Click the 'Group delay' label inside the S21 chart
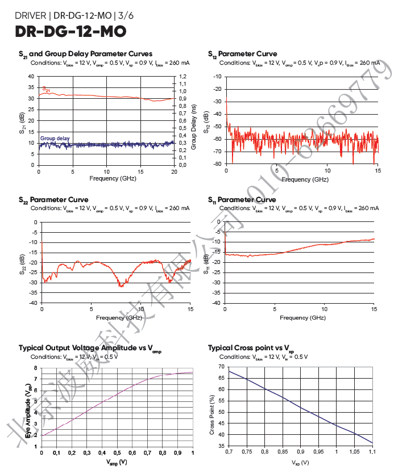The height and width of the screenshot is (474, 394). (55, 139)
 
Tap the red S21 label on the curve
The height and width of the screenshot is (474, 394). (46, 89)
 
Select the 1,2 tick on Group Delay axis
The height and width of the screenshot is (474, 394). (183, 76)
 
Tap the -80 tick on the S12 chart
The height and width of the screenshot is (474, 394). (217, 164)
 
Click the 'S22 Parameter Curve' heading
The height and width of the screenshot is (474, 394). (53, 200)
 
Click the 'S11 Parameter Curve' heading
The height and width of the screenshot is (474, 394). (242, 200)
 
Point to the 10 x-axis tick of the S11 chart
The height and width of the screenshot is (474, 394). (324, 310)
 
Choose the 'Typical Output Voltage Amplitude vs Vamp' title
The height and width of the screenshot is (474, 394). (90, 347)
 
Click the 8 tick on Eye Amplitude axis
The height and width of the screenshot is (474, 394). (35, 368)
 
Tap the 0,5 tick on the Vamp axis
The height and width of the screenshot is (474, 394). (117, 452)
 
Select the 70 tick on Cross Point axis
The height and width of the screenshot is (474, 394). (221, 367)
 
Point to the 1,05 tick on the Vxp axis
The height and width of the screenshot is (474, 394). (355, 452)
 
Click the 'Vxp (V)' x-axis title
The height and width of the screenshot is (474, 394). (300, 463)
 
